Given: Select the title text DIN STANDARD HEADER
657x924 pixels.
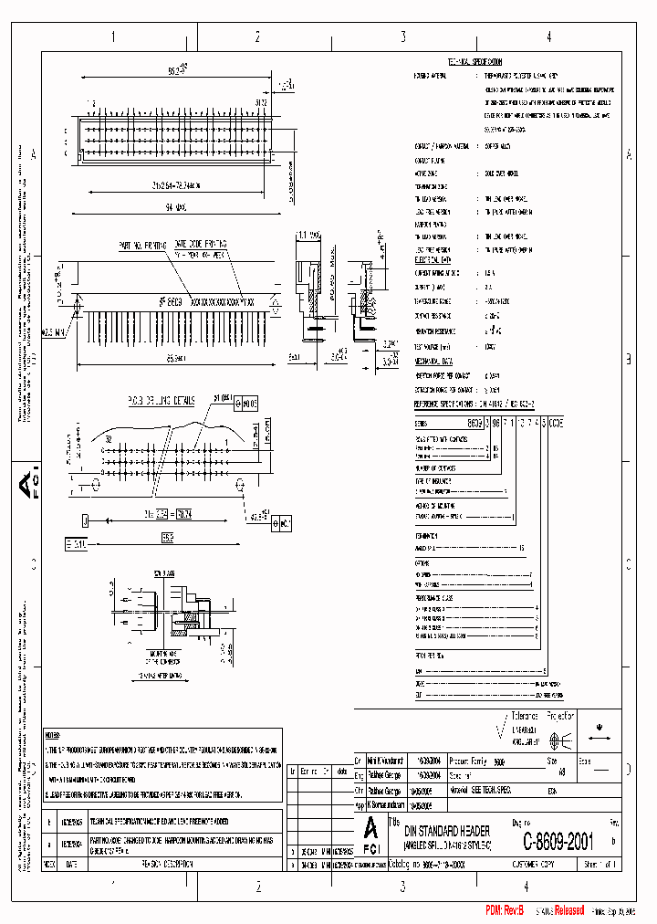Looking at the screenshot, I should (447, 831).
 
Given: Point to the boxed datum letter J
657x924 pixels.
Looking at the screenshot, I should (84, 520).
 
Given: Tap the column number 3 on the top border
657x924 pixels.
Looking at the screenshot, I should (402, 37).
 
